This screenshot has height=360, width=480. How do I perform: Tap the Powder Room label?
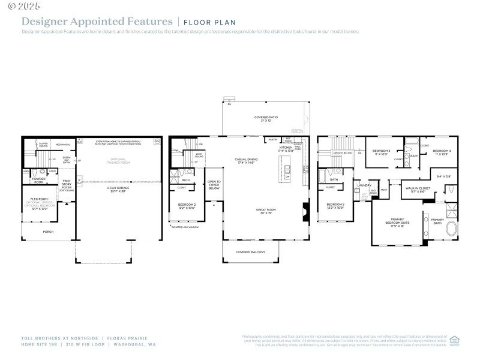pos(39,180)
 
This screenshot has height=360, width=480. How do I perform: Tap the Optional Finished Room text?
pos(119,160)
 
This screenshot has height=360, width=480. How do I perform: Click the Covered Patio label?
pos(266,118)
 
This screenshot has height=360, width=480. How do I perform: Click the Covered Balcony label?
pos(251,252)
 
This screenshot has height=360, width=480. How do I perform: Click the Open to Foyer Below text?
pos(214,184)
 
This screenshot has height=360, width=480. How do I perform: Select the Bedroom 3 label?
pos(382,152)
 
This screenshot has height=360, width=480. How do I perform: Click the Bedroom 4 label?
pos(442,152)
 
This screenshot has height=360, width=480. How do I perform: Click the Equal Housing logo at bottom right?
pos(454,340)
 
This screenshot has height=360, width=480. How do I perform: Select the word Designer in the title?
pos(43,21)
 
